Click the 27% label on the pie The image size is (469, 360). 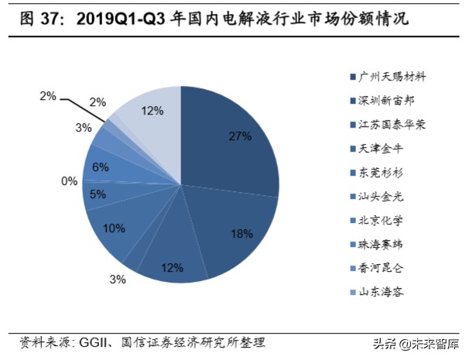click(x=241, y=136)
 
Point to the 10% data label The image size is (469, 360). click(x=115, y=228)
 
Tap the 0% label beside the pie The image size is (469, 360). click(x=70, y=181)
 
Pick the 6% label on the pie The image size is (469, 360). click(x=100, y=166)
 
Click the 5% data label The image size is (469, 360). click(x=98, y=195)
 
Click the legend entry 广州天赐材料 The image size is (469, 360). click(x=392, y=77)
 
